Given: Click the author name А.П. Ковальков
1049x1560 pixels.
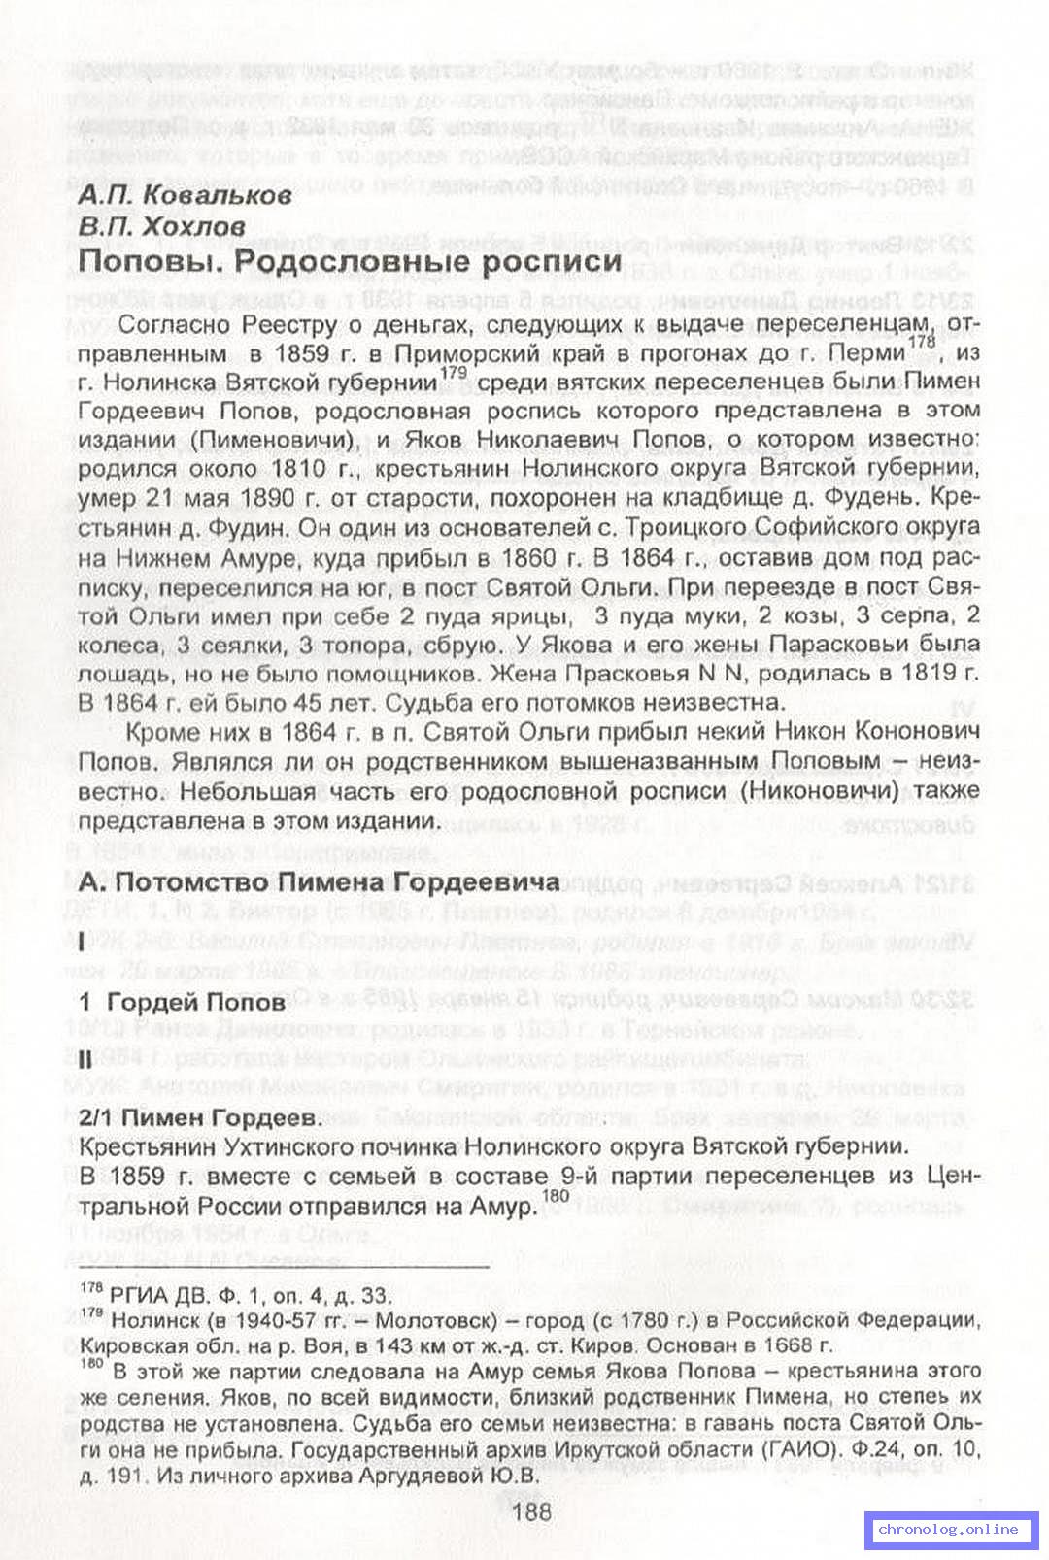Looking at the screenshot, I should (x=185, y=195).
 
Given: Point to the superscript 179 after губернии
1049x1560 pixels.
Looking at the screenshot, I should (x=453, y=372).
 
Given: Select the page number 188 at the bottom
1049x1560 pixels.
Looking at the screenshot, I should (x=530, y=1510).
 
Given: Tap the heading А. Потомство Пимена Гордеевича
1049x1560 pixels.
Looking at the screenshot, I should (x=320, y=881).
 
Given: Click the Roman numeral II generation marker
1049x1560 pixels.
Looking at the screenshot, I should (x=85, y=1061).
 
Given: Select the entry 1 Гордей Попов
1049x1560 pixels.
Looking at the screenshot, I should (x=183, y=1001).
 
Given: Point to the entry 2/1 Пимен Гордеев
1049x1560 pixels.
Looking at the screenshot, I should (x=200, y=1117).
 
